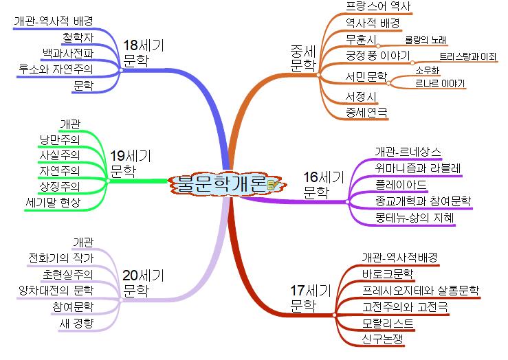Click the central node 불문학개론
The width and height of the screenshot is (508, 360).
tap(220, 183)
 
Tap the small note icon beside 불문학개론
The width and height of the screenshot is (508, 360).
tap(273, 184)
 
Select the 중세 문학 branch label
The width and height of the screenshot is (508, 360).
tap(302, 58)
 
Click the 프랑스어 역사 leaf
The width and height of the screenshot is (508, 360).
tap(377, 7)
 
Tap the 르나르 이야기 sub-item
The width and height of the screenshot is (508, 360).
tap(441, 83)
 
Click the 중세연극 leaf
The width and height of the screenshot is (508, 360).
tap(367, 111)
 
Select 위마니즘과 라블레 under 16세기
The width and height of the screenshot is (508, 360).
tap(418, 168)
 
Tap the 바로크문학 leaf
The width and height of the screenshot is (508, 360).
tap(387, 274)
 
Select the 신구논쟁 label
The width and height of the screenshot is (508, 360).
tap(383, 339)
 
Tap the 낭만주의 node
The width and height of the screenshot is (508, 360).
tap(60, 139)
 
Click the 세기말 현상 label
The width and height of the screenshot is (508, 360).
tap(52, 202)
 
